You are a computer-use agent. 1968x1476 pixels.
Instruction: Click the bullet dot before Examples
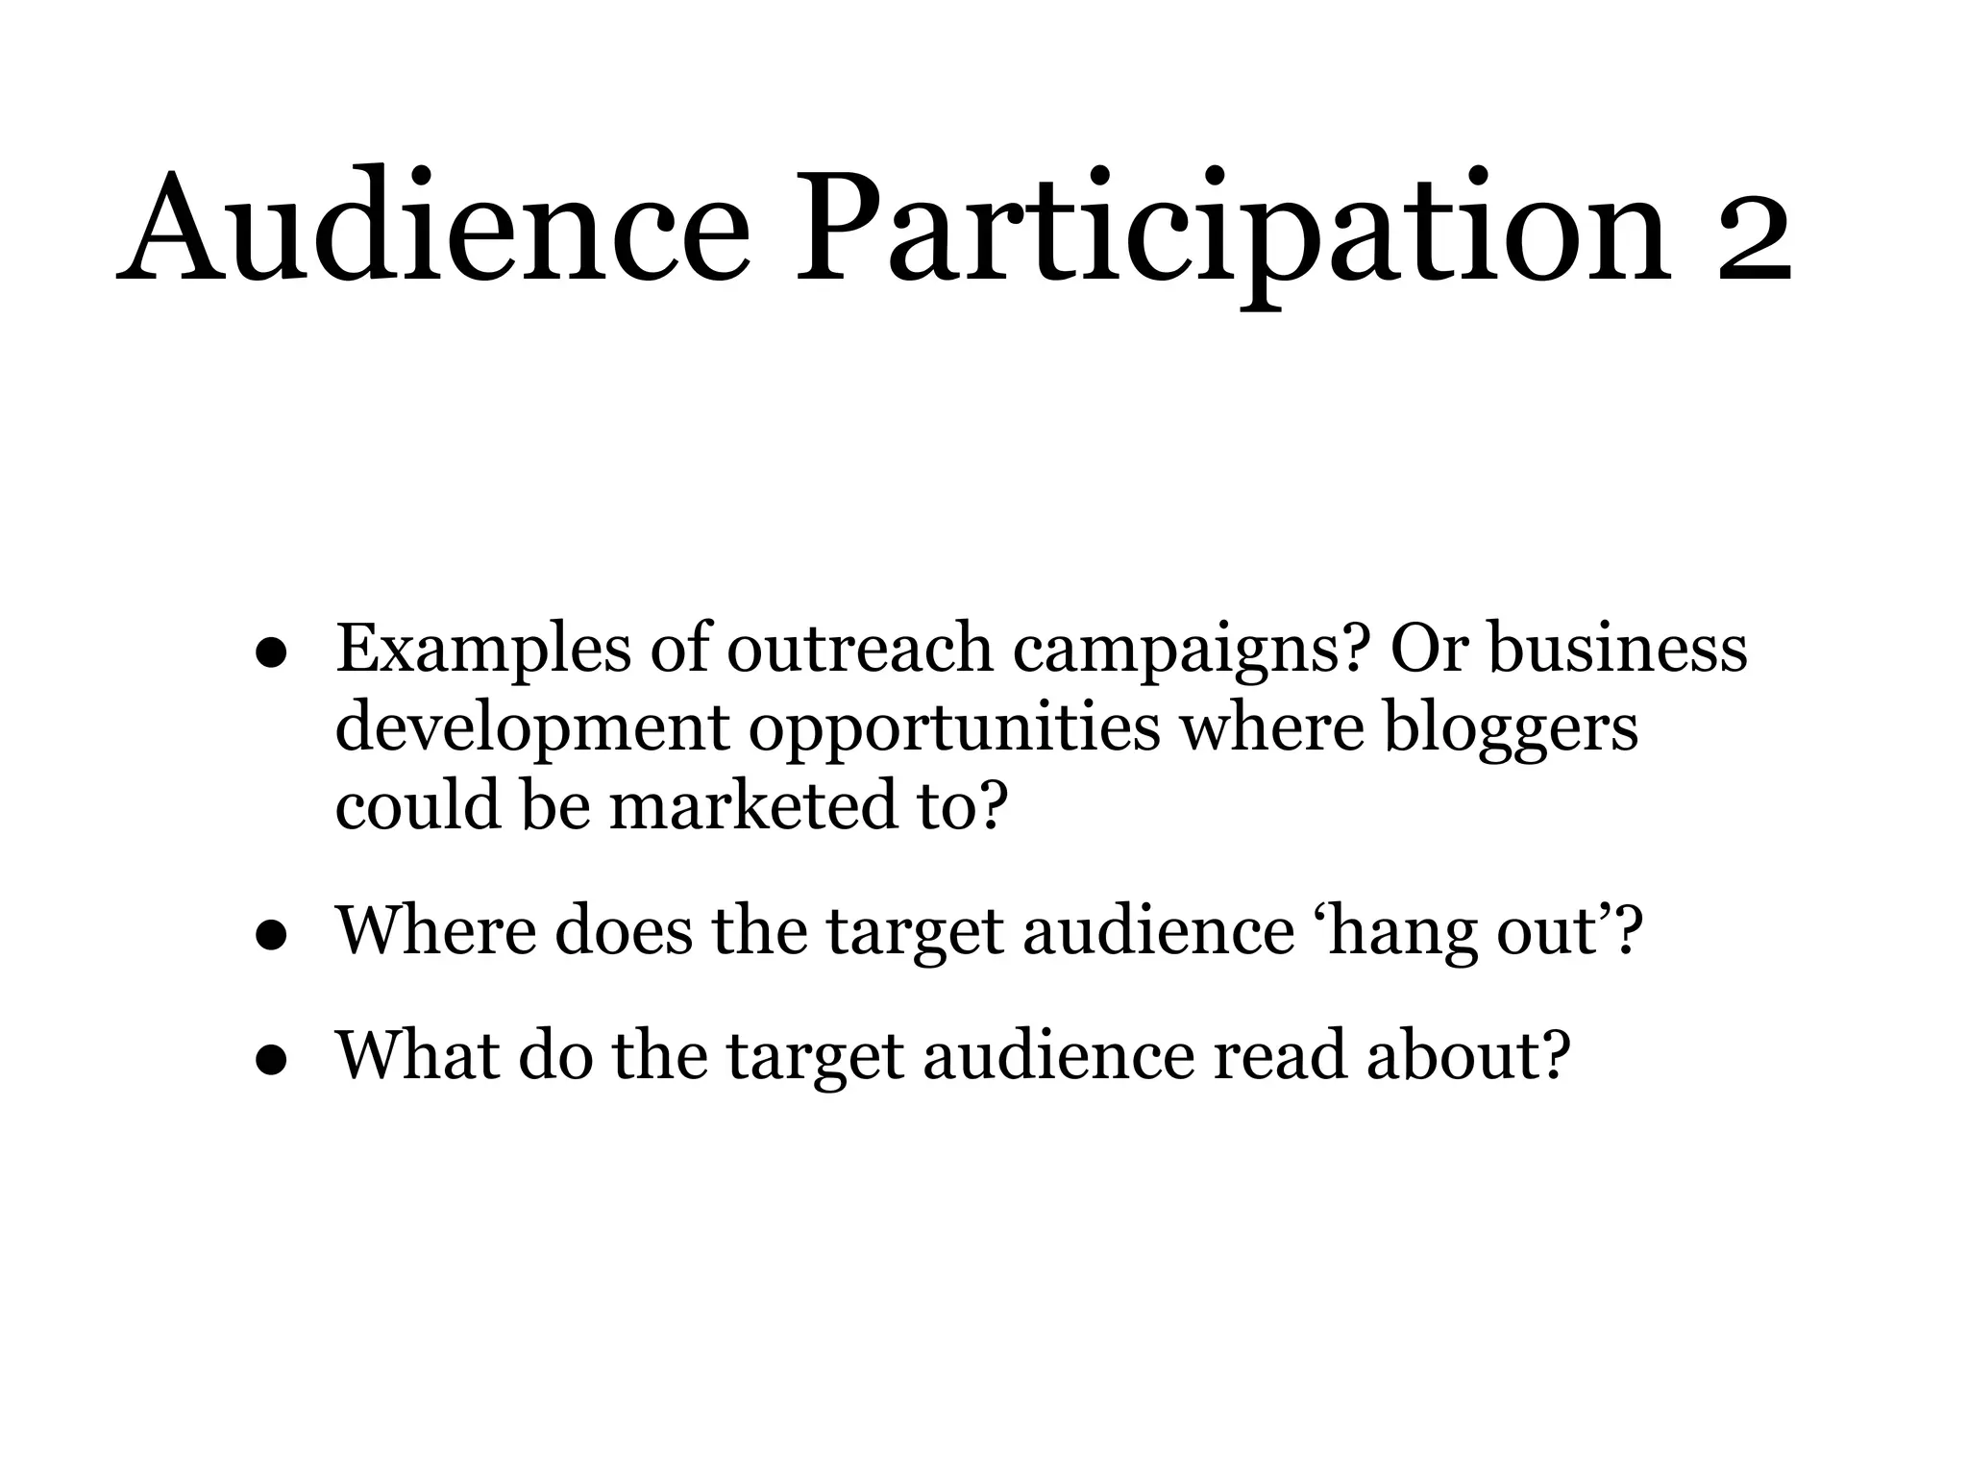tap(273, 653)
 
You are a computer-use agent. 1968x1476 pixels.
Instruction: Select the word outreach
tap(859, 649)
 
